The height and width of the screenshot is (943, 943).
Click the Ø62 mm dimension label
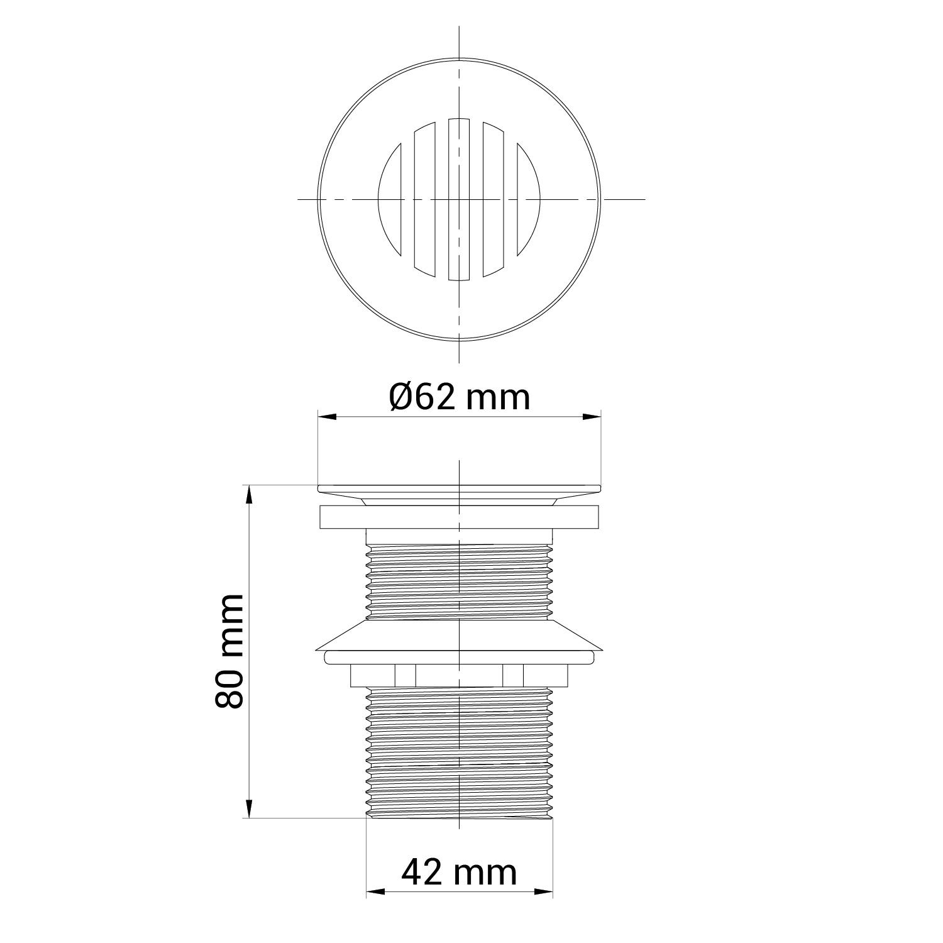[460, 397]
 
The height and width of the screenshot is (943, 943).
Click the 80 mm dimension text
[229, 651]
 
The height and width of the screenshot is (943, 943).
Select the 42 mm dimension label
[460, 872]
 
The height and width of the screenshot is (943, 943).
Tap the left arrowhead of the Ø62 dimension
[327, 416]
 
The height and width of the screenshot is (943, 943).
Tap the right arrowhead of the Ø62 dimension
[592, 416]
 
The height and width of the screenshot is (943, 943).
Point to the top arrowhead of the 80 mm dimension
[250, 494]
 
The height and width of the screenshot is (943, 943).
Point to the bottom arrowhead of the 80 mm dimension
[250, 808]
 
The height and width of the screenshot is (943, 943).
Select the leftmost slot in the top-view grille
[390, 200]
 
